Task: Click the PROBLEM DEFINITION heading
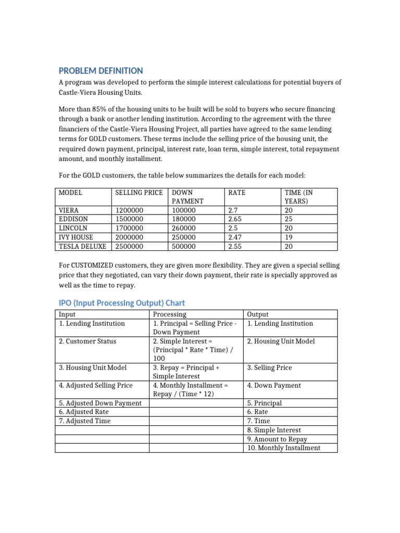101,71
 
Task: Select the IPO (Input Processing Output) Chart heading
121,303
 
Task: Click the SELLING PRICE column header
139,193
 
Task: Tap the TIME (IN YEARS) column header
299,196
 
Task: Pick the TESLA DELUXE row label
83,246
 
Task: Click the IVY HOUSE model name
76,237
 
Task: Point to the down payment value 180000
184,219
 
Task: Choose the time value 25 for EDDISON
289,219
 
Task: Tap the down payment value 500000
184,246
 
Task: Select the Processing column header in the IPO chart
169,314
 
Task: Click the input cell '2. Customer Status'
87,341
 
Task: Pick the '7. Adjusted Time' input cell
84,421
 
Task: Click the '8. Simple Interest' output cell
274,430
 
